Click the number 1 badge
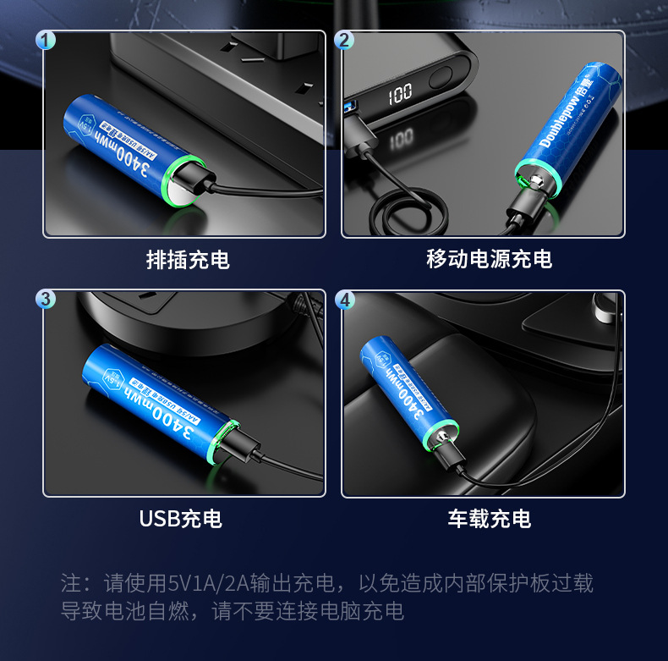[x=47, y=40]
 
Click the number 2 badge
[x=344, y=40]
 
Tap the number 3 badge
[x=47, y=300]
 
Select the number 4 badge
[x=344, y=300]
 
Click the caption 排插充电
[x=188, y=260]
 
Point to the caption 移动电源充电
[x=489, y=259]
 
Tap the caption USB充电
[x=180, y=518]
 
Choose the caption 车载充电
[x=489, y=518]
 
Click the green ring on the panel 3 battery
[x=225, y=442]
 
